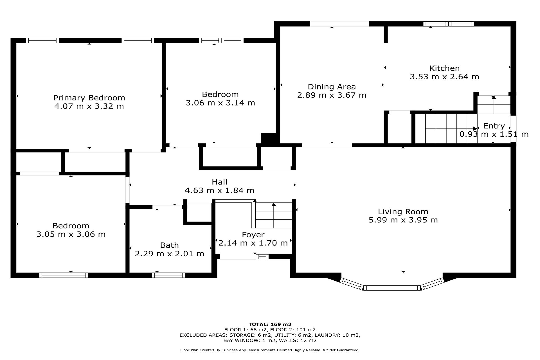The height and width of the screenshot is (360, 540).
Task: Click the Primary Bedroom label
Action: pos(89,98)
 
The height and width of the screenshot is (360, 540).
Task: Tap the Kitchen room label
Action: pos(444,68)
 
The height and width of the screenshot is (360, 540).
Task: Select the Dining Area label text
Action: pos(332,87)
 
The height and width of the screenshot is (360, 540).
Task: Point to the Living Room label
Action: pos(403,211)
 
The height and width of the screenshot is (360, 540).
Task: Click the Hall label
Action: pos(219,182)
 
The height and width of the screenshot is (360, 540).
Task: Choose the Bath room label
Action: pos(169,245)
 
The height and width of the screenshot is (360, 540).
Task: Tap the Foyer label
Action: pos(253,235)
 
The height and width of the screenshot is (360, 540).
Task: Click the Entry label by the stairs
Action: pos(494,126)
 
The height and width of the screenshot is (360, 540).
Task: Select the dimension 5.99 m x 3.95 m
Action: pos(403,220)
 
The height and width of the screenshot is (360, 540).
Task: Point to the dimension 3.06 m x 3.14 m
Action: pos(220,103)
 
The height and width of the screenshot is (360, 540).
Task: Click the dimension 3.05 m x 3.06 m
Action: pos(71,234)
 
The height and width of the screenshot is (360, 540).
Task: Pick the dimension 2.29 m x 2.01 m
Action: pos(169,254)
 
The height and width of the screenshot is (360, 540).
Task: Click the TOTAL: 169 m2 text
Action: pos(270,324)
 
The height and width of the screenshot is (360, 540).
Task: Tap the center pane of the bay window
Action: pos(392,288)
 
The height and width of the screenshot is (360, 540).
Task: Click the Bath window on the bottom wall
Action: pos(168,275)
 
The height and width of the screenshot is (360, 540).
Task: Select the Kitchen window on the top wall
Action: pos(448,24)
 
